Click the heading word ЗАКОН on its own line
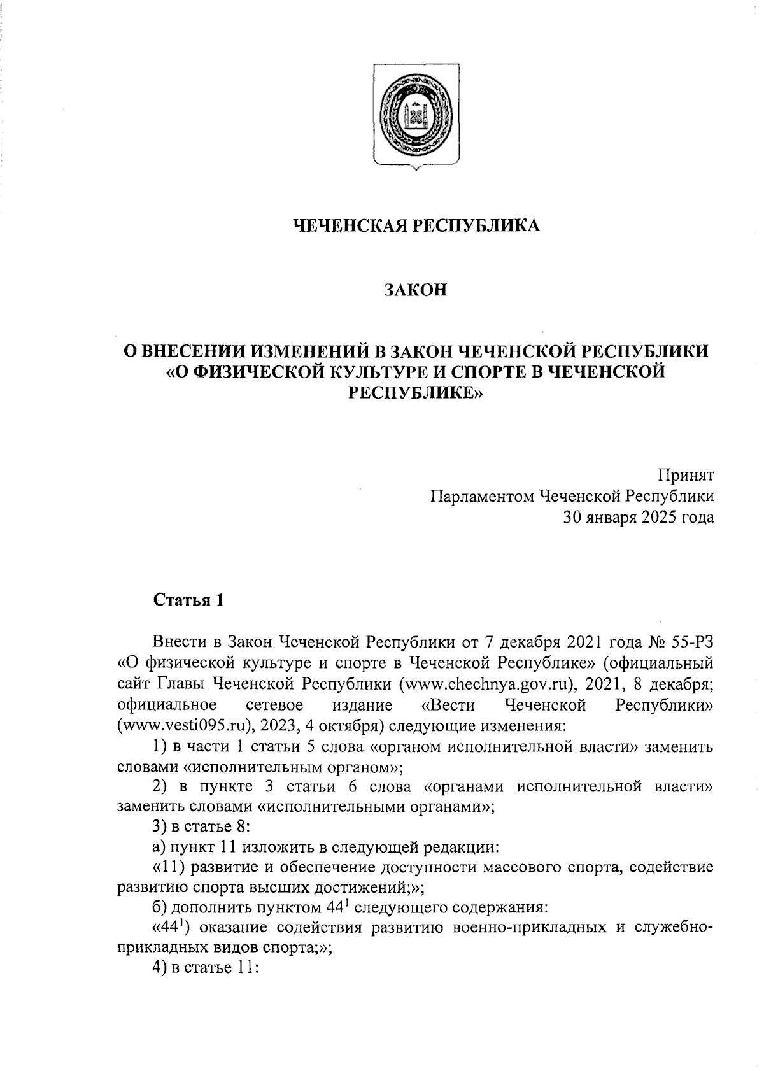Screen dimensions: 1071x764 pyautogui.click(x=416, y=290)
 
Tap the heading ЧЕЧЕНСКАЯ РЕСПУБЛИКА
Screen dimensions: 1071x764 pyautogui.click(x=416, y=225)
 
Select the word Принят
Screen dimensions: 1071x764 pyautogui.click(x=686, y=475)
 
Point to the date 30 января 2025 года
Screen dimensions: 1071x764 pyautogui.click(x=637, y=517)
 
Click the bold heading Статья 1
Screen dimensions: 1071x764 pyautogui.click(x=188, y=600)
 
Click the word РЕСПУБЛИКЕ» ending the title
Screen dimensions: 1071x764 pyautogui.click(x=416, y=393)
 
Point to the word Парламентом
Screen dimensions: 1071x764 pyautogui.click(x=482, y=496)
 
